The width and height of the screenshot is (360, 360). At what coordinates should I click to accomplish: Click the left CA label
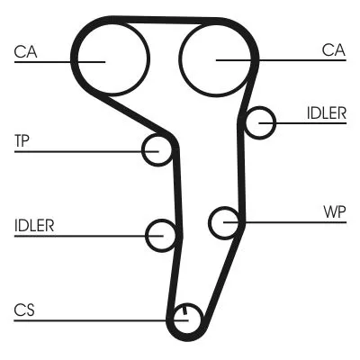(25, 51)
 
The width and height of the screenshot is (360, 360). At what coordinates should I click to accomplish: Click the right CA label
(334, 51)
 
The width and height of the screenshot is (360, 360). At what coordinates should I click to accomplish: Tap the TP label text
(22, 140)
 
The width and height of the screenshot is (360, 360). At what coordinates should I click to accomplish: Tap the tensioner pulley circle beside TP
(157, 149)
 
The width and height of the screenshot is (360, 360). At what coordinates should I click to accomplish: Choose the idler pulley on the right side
(261, 122)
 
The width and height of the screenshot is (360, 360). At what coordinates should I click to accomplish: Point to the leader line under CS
(90, 319)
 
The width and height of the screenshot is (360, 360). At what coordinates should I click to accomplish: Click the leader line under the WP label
(288, 221)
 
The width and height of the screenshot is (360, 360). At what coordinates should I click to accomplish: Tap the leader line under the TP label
(81, 150)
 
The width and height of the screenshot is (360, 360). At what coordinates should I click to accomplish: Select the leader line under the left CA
(45, 61)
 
